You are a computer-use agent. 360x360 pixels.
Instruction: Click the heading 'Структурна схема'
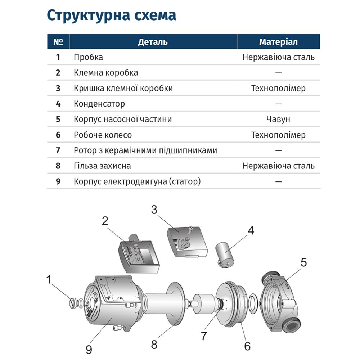pos(111,15)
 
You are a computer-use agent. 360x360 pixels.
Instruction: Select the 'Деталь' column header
pos(153,42)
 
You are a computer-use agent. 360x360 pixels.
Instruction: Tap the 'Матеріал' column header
pos(278,42)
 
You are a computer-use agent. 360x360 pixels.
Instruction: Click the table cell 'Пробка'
pos(88,57)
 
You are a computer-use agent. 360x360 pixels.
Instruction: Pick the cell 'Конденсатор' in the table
pos(99,104)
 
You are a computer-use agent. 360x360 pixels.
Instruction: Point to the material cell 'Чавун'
pos(278,120)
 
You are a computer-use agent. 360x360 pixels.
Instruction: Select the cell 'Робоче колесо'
pos(103,135)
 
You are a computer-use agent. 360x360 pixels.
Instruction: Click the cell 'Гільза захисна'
pos(102,166)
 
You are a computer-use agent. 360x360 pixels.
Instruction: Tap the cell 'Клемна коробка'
pos(106,73)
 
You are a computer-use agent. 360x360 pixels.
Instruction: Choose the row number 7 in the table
pos(58,150)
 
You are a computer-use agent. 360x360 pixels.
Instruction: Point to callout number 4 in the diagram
pos(251,231)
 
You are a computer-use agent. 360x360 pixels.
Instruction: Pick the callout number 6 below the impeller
pos(247,346)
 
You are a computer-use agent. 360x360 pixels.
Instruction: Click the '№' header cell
pos(58,42)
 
